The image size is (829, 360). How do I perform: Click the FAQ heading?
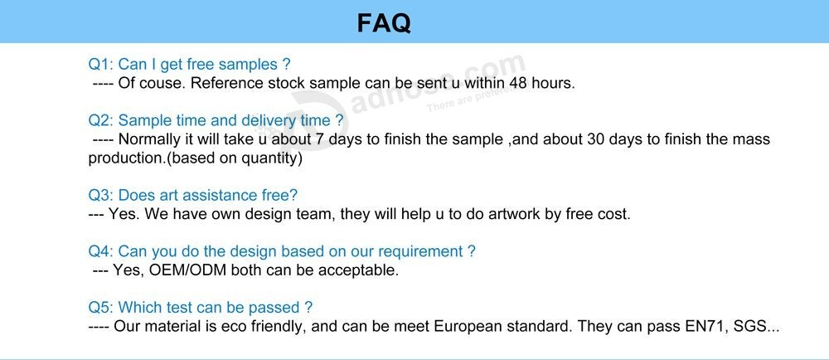tap(384, 22)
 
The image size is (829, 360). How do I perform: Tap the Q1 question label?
tap(100, 65)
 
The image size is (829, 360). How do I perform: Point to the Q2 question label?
tap(100, 120)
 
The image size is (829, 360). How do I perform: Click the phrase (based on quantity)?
tap(235, 159)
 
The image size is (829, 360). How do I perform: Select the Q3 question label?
tap(100, 196)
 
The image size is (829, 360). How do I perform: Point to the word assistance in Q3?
tap(219, 196)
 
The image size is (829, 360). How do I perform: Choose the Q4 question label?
tap(100, 251)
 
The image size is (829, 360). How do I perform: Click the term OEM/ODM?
tap(187, 270)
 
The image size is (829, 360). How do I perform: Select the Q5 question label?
tap(100, 308)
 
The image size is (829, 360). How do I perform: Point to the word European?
tap(467, 327)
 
